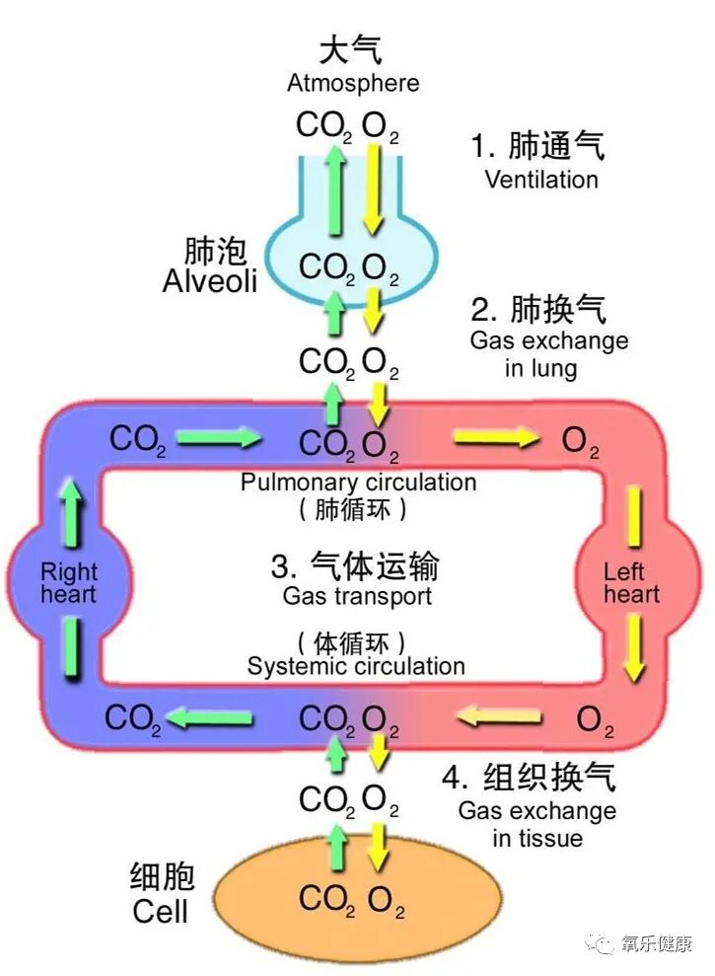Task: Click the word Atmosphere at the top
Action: [x=352, y=83]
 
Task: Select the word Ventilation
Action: [x=540, y=180]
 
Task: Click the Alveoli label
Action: [x=209, y=280]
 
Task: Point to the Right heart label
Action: [x=69, y=582]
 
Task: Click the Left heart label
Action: [x=631, y=582]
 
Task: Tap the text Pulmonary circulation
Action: [x=358, y=483]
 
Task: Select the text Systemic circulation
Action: [x=356, y=666]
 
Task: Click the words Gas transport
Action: [x=357, y=596]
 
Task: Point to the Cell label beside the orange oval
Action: [x=161, y=910]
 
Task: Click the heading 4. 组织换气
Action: [x=529, y=778]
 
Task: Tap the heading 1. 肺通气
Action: [x=537, y=147]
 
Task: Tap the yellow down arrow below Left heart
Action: [x=634, y=650]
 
